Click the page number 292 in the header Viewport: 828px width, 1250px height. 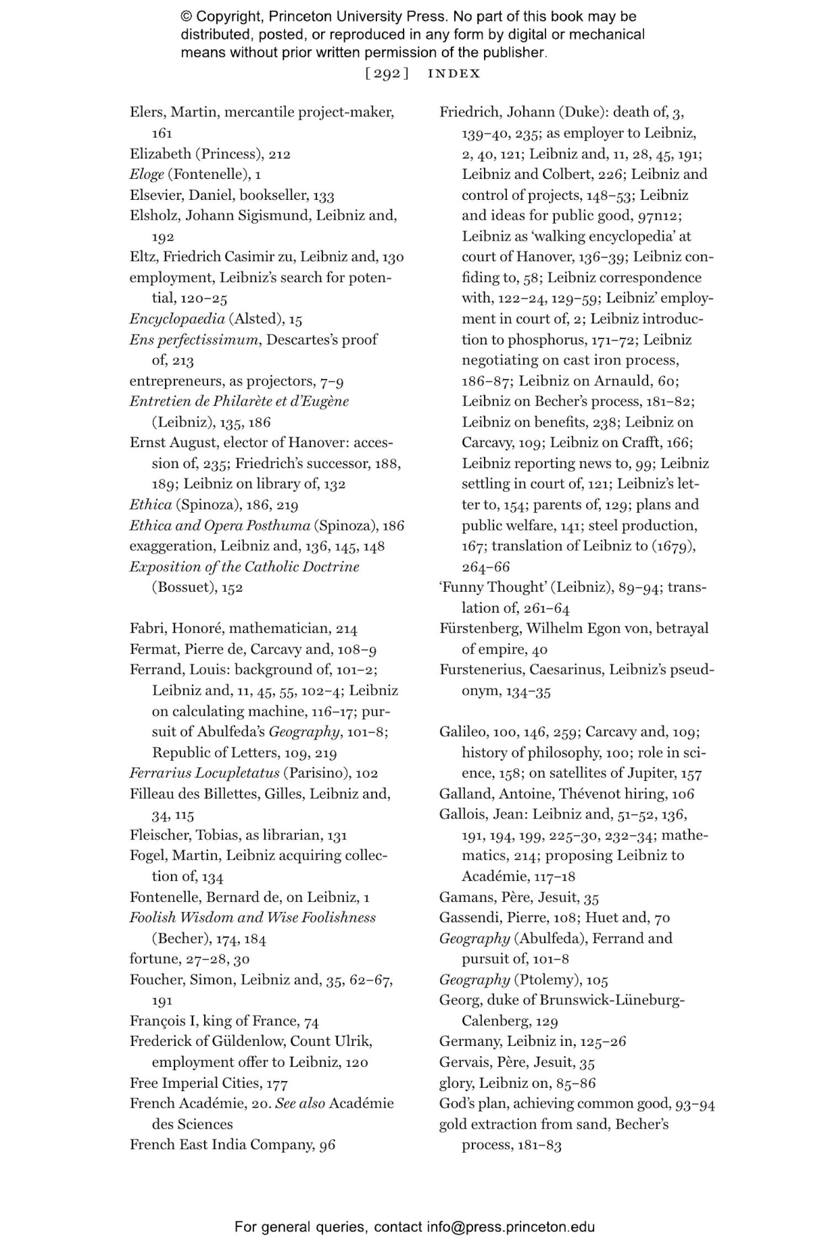tap(387, 73)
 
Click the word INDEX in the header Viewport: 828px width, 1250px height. tap(454, 73)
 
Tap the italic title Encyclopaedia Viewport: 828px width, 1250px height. tap(177, 318)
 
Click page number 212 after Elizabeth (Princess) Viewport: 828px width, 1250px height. tap(279, 154)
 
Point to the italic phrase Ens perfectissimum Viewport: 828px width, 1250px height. tap(194, 339)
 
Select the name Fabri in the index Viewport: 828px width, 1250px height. tap(147, 628)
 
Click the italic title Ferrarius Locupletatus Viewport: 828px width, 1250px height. tap(204, 773)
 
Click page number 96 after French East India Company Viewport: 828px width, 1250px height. tap(327, 1145)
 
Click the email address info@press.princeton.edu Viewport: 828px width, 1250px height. tap(511, 1227)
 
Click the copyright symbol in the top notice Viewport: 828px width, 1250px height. tap(185, 17)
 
